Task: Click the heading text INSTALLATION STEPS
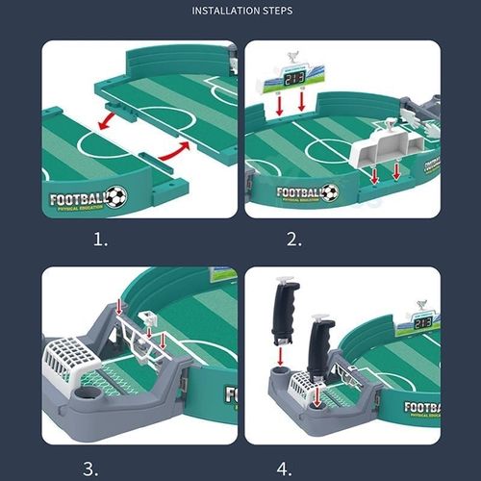(x=241, y=12)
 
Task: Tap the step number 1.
(x=100, y=240)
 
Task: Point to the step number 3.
(x=90, y=468)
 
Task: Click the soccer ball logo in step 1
(x=115, y=197)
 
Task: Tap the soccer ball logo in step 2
(x=329, y=192)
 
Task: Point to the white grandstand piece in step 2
(x=386, y=150)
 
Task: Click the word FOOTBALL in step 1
(x=76, y=199)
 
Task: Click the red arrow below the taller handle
(x=280, y=357)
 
